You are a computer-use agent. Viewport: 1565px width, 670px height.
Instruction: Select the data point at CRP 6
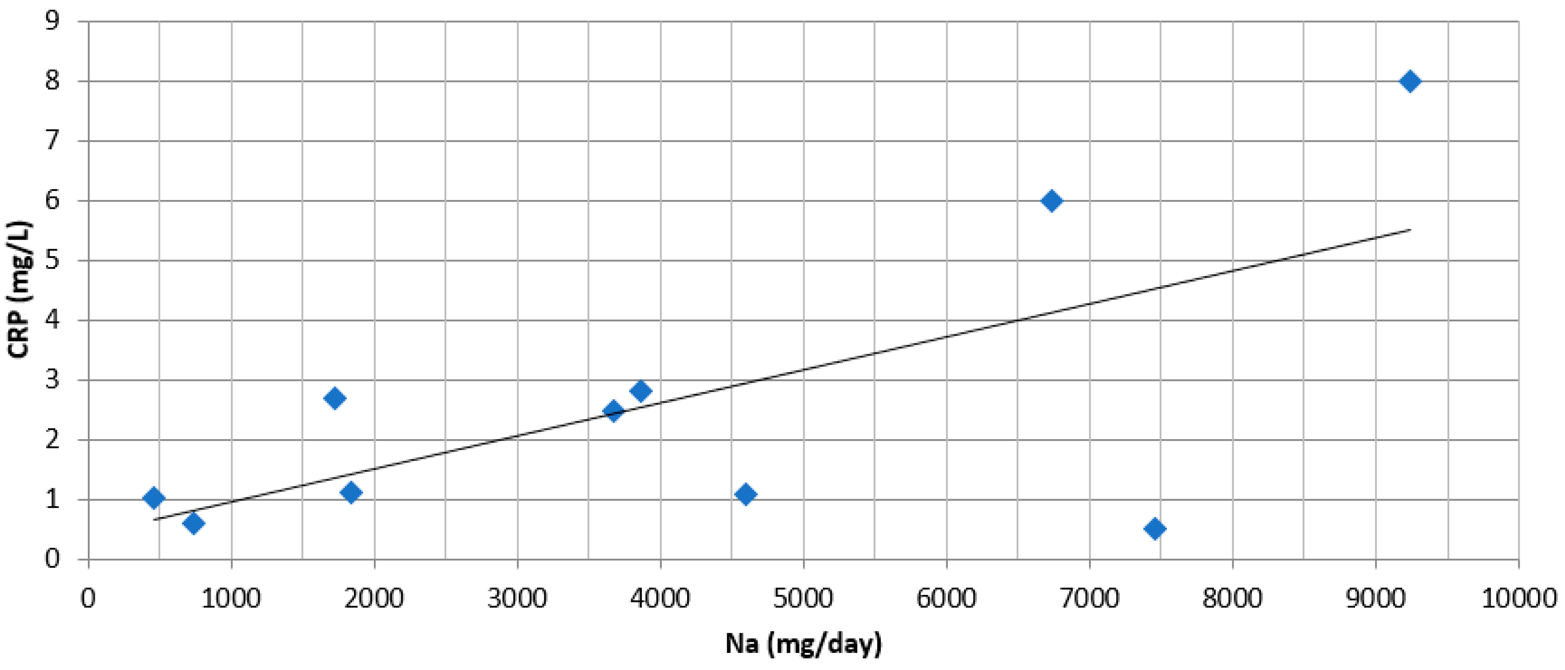pos(1052,201)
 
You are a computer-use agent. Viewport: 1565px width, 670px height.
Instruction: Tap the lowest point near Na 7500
pos(1155,528)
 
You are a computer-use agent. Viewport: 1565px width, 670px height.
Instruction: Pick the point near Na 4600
pos(745,494)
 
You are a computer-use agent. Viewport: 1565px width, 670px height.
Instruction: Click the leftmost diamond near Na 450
pos(154,498)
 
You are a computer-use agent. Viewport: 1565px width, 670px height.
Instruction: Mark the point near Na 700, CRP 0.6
pos(193,523)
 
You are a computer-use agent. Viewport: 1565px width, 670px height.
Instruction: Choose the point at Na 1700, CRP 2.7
pos(334,398)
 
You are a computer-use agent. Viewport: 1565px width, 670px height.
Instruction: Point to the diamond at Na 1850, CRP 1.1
pos(351,492)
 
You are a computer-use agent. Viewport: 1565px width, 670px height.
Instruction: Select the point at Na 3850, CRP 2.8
pos(640,391)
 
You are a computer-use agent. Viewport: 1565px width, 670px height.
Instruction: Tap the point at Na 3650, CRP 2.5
pos(613,411)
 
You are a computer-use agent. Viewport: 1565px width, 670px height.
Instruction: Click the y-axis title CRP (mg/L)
pos(20,290)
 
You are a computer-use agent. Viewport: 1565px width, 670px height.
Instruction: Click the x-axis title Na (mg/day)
pos(803,643)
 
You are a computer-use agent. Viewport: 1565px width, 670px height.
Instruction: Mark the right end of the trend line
pos(1410,230)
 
